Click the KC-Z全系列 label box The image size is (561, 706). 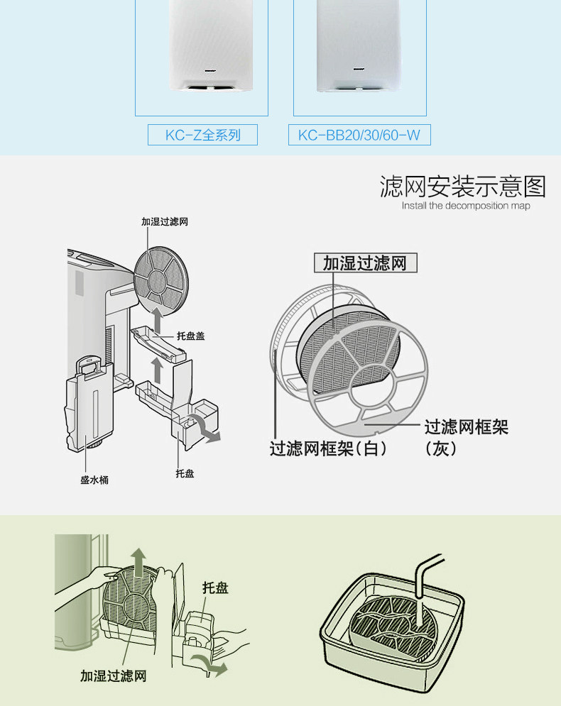click(x=202, y=135)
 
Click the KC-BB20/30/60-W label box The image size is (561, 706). click(x=359, y=135)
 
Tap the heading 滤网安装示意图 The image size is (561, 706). click(x=463, y=187)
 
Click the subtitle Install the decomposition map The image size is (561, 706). click(x=466, y=206)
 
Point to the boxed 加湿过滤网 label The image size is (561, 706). click(x=365, y=264)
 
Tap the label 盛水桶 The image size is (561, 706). click(x=94, y=480)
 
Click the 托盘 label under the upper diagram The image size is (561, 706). click(x=185, y=473)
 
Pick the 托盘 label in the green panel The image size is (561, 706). click(x=215, y=588)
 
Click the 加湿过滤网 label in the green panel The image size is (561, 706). click(x=113, y=676)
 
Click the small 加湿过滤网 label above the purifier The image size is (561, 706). click(x=164, y=222)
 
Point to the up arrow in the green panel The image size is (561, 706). click(x=139, y=561)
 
